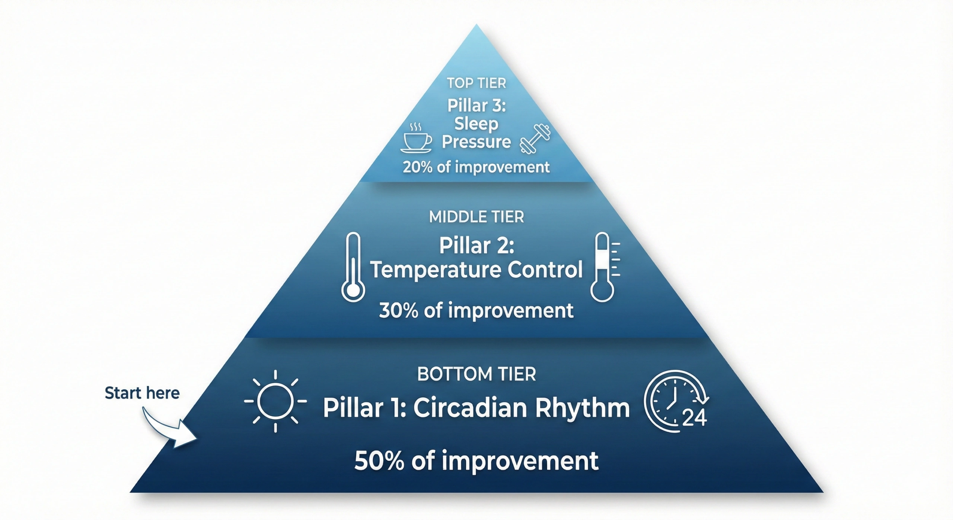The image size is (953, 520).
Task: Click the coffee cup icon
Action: click(416, 140)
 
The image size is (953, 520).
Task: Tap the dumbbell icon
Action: click(535, 139)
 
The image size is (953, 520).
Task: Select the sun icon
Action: click(275, 401)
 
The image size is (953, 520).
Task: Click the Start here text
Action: click(142, 393)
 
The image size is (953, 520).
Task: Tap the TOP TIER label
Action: click(476, 83)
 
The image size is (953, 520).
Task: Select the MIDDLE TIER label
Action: click(476, 217)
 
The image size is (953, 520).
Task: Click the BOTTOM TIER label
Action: click(476, 374)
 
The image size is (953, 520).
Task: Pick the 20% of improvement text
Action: click(476, 167)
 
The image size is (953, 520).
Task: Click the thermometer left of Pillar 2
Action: click(353, 267)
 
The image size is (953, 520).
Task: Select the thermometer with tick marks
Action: click(603, 267)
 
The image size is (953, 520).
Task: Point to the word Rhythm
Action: click(583, 408)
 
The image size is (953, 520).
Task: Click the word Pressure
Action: click(476, 142)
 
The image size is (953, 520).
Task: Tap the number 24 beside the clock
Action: click(694, 418)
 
